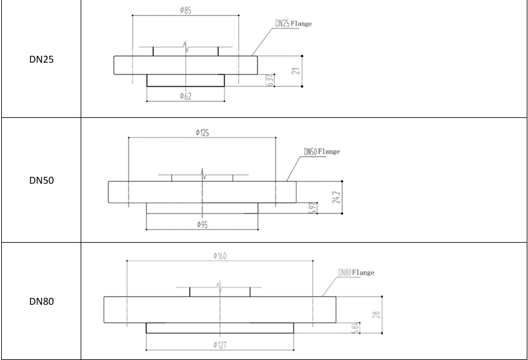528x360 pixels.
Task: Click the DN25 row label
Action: [x=42, y=59]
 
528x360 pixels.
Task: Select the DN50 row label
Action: [x=42, y=181]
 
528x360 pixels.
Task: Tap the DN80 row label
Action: [x=42, y=302]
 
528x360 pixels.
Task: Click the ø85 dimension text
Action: [x=186, y=10]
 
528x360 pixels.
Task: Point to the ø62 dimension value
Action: [x=186, y=96]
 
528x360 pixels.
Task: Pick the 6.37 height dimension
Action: [x=270, y=80]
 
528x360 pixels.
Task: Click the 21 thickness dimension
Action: [x=296, y=71]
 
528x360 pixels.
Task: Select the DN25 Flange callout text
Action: [x=293, y=23]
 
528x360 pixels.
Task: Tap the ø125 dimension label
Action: [x=202, y=133]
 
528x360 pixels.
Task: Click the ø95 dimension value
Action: [x=202, y=225]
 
